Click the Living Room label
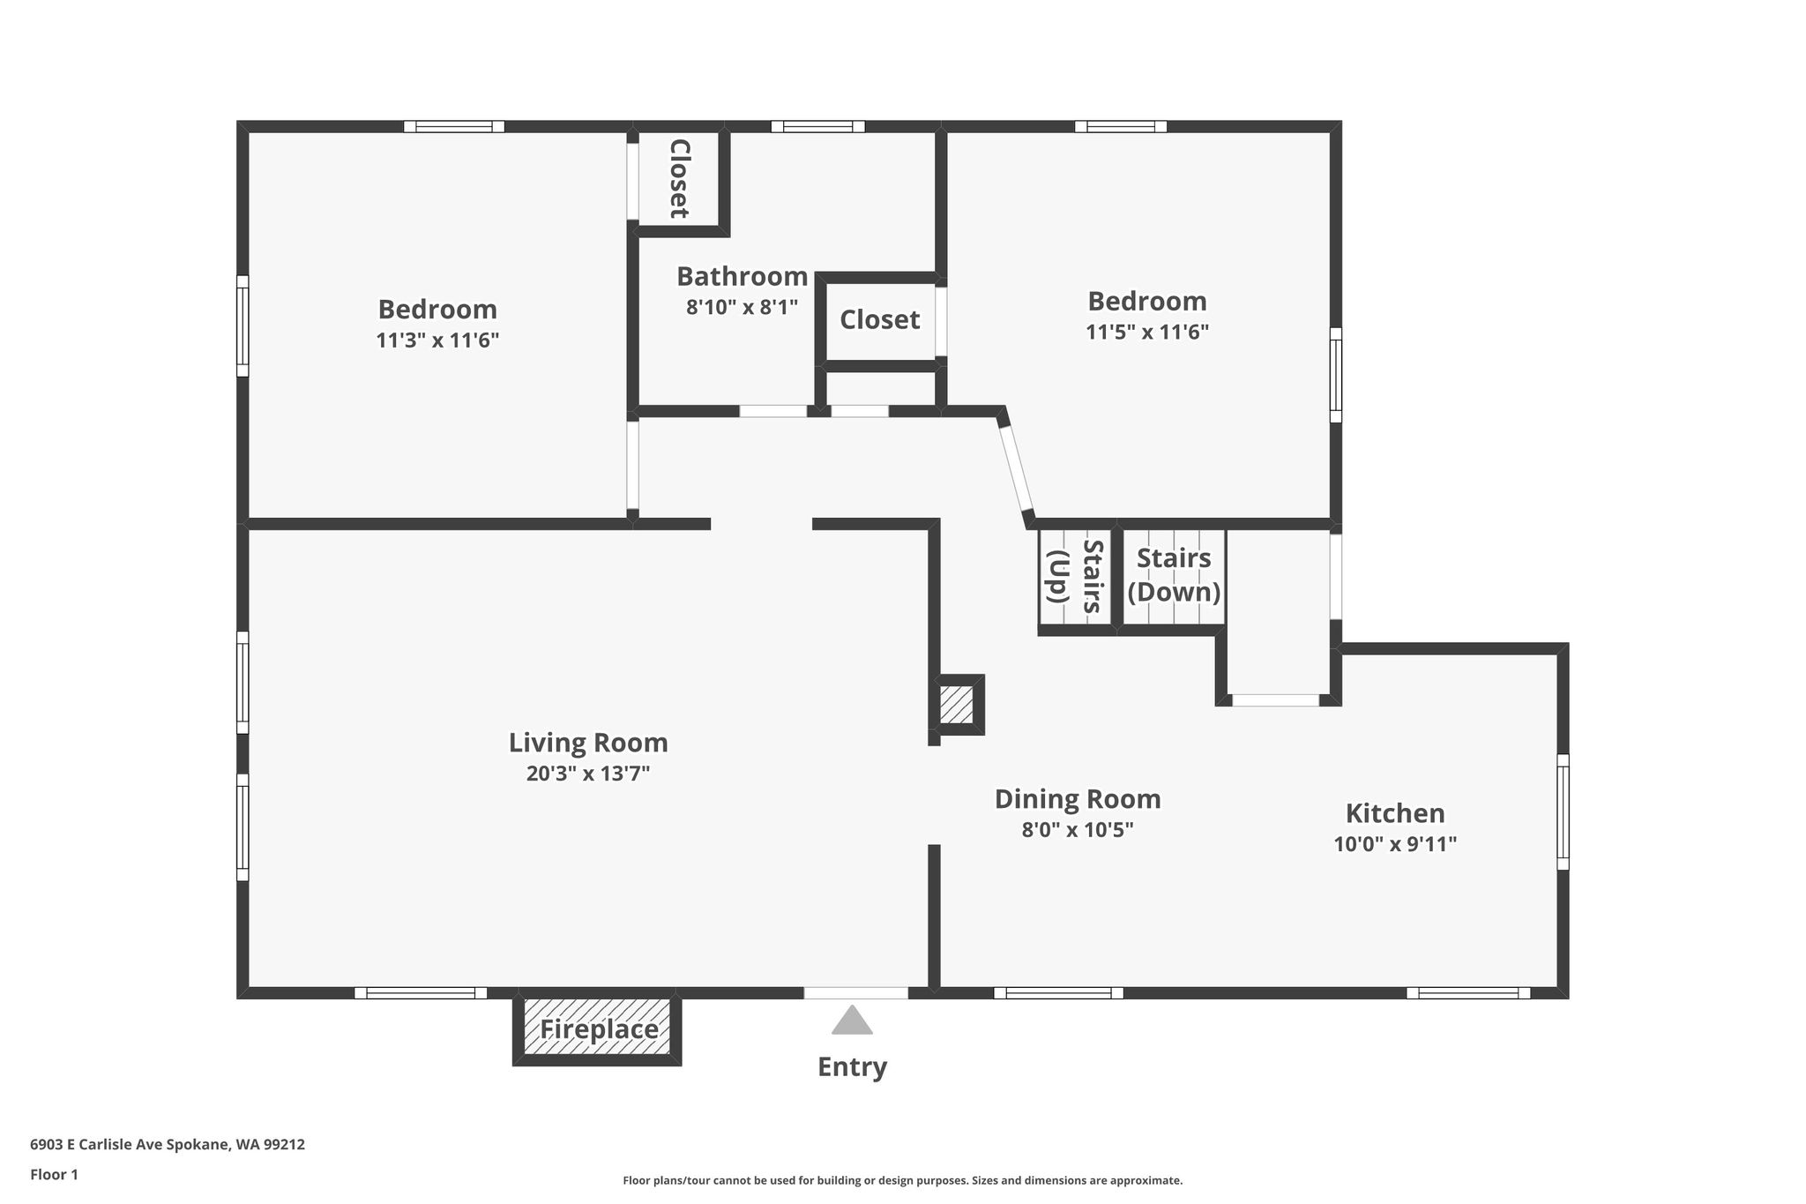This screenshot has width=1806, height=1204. (588, 743)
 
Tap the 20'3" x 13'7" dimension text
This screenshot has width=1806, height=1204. (588, 774)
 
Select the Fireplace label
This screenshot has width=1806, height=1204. (599, 1029)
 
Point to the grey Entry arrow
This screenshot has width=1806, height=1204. (852, 1021)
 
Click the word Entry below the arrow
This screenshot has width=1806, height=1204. (852, 1067)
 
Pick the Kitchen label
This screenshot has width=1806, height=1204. (1395, 812)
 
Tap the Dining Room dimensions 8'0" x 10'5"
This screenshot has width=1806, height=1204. (1078, 830)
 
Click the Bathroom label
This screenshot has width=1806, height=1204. (743, 276)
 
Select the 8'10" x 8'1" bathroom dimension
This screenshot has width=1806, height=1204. (743, 307)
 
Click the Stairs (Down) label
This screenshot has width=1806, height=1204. (1174, 574)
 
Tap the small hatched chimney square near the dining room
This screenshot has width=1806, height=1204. (956, 705)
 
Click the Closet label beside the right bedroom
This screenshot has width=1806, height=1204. (879, 319)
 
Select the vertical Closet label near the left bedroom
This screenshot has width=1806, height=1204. (679, 178)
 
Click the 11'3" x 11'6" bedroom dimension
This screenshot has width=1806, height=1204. (437, 340)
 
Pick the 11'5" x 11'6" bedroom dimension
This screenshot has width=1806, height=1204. (1147, 332)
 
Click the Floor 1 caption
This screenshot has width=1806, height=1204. (54, 1174)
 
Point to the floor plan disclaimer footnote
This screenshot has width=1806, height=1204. (903, 1180)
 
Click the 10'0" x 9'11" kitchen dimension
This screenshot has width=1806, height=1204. (1395, 844)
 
